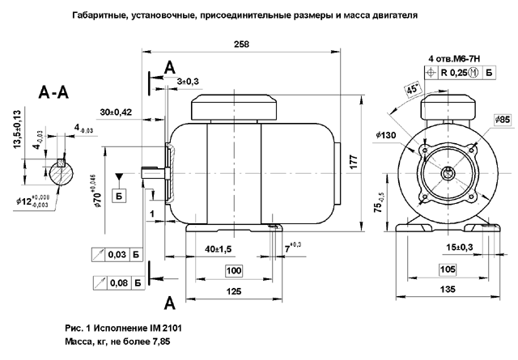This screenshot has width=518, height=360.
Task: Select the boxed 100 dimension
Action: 233,269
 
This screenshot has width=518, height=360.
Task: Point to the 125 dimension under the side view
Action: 233,289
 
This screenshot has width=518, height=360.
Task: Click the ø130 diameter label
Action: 384,134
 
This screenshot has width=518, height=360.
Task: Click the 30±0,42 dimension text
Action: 116,111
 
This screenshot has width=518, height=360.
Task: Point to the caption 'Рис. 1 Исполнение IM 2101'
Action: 129,329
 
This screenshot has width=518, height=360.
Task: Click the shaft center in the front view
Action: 447,173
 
